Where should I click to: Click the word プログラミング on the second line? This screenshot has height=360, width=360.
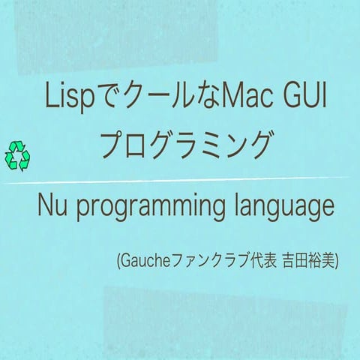(x=184, y=145)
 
